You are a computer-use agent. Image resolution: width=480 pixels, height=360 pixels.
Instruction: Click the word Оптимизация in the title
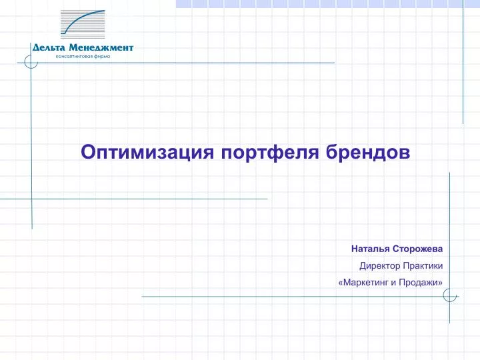(147, 153)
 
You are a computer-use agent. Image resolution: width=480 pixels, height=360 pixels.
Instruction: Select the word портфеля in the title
(270, 153)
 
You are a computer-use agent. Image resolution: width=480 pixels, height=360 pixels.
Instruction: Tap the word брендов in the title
(368, 152)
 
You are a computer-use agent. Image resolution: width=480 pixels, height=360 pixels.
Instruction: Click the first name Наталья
(370, 249)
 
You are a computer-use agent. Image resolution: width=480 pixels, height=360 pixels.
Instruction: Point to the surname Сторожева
(417, 249)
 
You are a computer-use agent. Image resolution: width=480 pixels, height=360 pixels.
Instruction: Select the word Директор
(379, 266)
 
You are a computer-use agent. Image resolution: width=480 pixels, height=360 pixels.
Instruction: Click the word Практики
(423, 266)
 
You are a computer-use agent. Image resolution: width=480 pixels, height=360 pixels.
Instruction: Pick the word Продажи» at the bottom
(421, 282)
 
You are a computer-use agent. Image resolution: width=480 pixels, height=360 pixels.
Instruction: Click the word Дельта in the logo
(49, 48)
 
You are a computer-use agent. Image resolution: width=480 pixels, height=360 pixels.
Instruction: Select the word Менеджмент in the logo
(101, 48)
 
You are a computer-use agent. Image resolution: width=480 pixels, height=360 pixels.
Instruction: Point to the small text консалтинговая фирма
(83, 57)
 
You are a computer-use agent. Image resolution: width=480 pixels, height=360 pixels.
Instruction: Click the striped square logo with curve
(83, 24)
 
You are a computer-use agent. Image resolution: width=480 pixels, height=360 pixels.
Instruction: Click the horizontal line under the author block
(300, 296)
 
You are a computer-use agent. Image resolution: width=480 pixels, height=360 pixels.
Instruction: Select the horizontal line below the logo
(176, 63)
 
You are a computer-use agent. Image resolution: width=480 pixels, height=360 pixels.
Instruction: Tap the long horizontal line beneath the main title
(134, 199)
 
